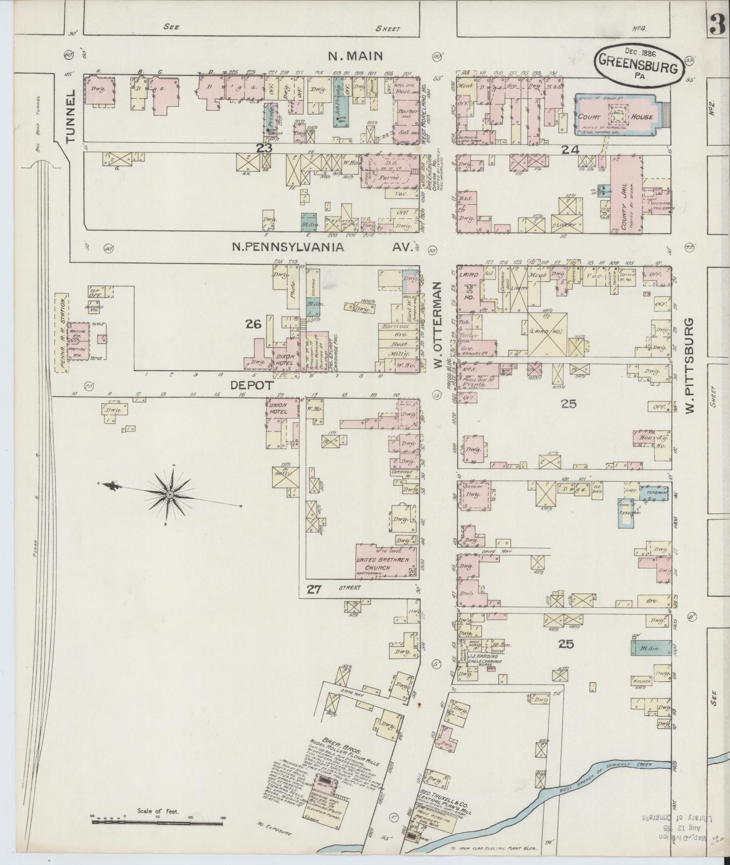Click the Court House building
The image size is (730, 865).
tap(615, 116)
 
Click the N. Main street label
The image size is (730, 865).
tap(355, 56)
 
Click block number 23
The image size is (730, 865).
tap(264, 148)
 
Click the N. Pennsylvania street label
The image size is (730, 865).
tap(288, 247)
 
